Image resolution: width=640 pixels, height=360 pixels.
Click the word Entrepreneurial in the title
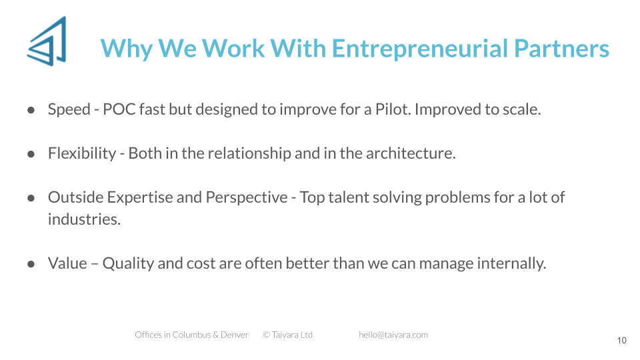(x=420, y=49)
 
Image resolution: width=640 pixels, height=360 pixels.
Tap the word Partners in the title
(x=561, y=49)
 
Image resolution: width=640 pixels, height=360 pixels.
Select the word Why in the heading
(x=127, y=49)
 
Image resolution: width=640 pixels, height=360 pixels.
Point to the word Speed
(x=69, y=110)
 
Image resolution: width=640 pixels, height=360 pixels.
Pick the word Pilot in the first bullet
(x=393, y=109)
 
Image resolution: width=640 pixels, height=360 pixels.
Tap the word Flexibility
(x=82, y=154)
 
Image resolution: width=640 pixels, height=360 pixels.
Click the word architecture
(x=411, y=153)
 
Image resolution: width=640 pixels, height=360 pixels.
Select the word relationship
(x=249, y=154)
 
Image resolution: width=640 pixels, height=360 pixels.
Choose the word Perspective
(x=247, y=198)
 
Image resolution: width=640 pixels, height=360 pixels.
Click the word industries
(x=84, y=219)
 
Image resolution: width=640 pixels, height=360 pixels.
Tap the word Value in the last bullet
(x=67, y=263)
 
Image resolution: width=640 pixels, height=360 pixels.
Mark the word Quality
(x=128, y=264)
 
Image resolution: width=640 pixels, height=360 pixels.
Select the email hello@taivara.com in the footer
(x=393, y=335)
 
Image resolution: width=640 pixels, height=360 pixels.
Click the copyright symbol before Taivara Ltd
(x=267, y=335)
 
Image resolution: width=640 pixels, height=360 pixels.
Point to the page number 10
(x=621, y=341)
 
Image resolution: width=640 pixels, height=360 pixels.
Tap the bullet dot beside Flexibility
(x=31, y=154)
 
